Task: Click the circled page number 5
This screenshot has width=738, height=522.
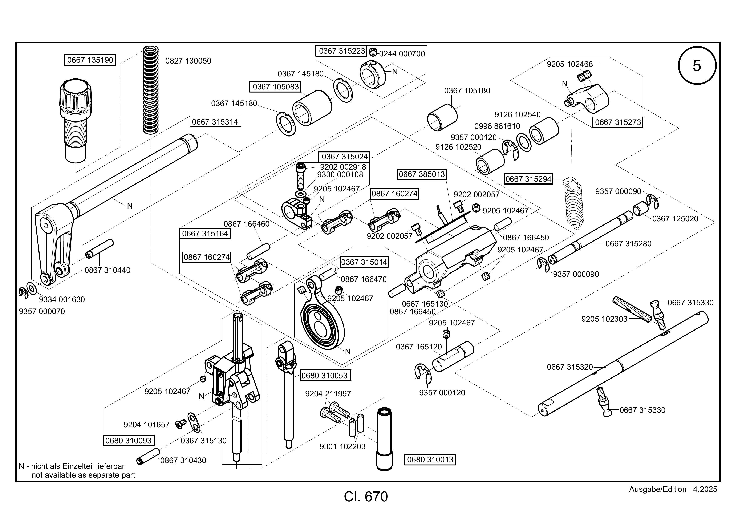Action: click(x=697, y=66)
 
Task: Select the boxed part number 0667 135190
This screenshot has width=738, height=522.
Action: click(x=90, y=60)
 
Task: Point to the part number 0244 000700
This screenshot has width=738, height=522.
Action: click(x=402, y=54)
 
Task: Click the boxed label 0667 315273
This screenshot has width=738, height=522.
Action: click(x=618, y=122)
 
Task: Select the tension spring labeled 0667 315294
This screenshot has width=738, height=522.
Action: click(x=574, y=202)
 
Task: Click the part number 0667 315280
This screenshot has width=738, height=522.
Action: click(x=628, y=244)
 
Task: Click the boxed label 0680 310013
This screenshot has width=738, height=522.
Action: click(x=430, y=460)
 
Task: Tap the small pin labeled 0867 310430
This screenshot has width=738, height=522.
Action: click(x=148, y=456)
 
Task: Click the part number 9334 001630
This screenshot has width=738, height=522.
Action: click(x=62, y=300)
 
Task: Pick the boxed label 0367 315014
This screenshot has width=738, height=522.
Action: click(x=364, y=262)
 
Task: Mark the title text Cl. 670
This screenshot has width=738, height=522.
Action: click(x=366, y=497)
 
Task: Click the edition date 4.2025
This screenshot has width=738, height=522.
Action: click(x=705, y=489)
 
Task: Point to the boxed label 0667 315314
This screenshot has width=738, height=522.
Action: click(x=215, y=122)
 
